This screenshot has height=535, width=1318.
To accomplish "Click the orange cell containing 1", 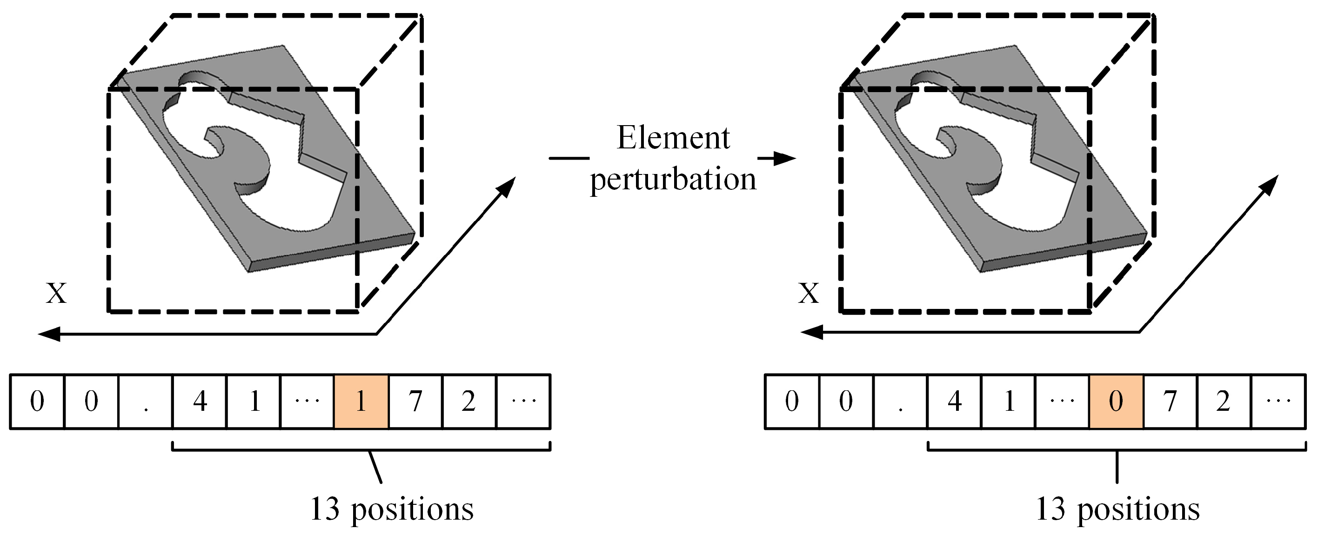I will pyautogui.click(x=361, y=401).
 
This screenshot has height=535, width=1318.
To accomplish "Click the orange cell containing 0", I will pyautogui.click(x=1116, y=401).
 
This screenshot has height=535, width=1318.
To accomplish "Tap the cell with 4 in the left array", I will pyautogui.click(x=200, y=401).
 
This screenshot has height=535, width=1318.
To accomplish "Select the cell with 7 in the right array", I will pyautogui.click(x=1170, y=401).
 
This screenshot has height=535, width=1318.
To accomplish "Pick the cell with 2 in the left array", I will pyautogui.click(x=468, y=401).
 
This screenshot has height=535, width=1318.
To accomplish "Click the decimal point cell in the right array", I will pyautogui.click(x=900, y=401).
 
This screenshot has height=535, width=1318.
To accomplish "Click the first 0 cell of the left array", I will pyautogui.click(x=37, y=401).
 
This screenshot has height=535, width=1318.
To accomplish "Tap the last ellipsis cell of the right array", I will pyautogui.click(x=1278, y=401).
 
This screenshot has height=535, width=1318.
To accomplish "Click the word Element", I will pyautogui.click(x=673, y=138).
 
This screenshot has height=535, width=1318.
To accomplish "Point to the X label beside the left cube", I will pyautogui.click(x=56, y=294).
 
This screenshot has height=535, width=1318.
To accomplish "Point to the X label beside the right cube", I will pyautogui.click(x=809, y=294).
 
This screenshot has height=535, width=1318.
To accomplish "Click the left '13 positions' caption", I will pyautogui.click(x=392, y=509).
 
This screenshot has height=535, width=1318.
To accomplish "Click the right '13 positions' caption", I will pyautogui.click(x=1117, y=509).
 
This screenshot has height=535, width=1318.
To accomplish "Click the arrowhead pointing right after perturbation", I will pyautogui.click(x=785, y=159).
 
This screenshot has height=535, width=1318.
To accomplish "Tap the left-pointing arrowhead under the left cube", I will pyautogui.click(x=48, y=335).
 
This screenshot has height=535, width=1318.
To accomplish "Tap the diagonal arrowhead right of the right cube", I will pyautogui.click(x=1271, y=184).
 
